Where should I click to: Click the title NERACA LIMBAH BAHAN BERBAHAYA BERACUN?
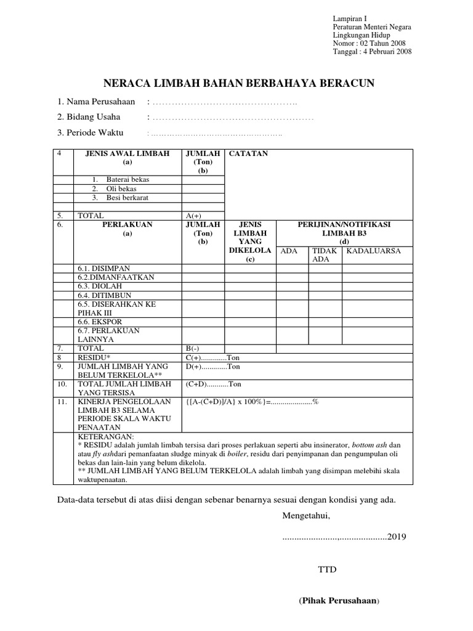[x=238, y=83]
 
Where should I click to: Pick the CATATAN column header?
[x=248, y=153]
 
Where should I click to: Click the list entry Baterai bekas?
[x=127, y=179]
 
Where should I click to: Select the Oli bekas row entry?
[x=121, y=189]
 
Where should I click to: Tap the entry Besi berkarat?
[x=127, y=198]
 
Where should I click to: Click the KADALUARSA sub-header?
[x=373, y=251]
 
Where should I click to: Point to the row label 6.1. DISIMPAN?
[x=103, y=268]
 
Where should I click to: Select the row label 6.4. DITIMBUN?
[x=104, y=295]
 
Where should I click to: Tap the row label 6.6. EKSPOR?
[x=100, y=322]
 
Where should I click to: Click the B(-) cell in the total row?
[x=193, y=348]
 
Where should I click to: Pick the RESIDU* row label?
[x=94, y=357]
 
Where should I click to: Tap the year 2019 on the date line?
[x=396, y=536]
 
